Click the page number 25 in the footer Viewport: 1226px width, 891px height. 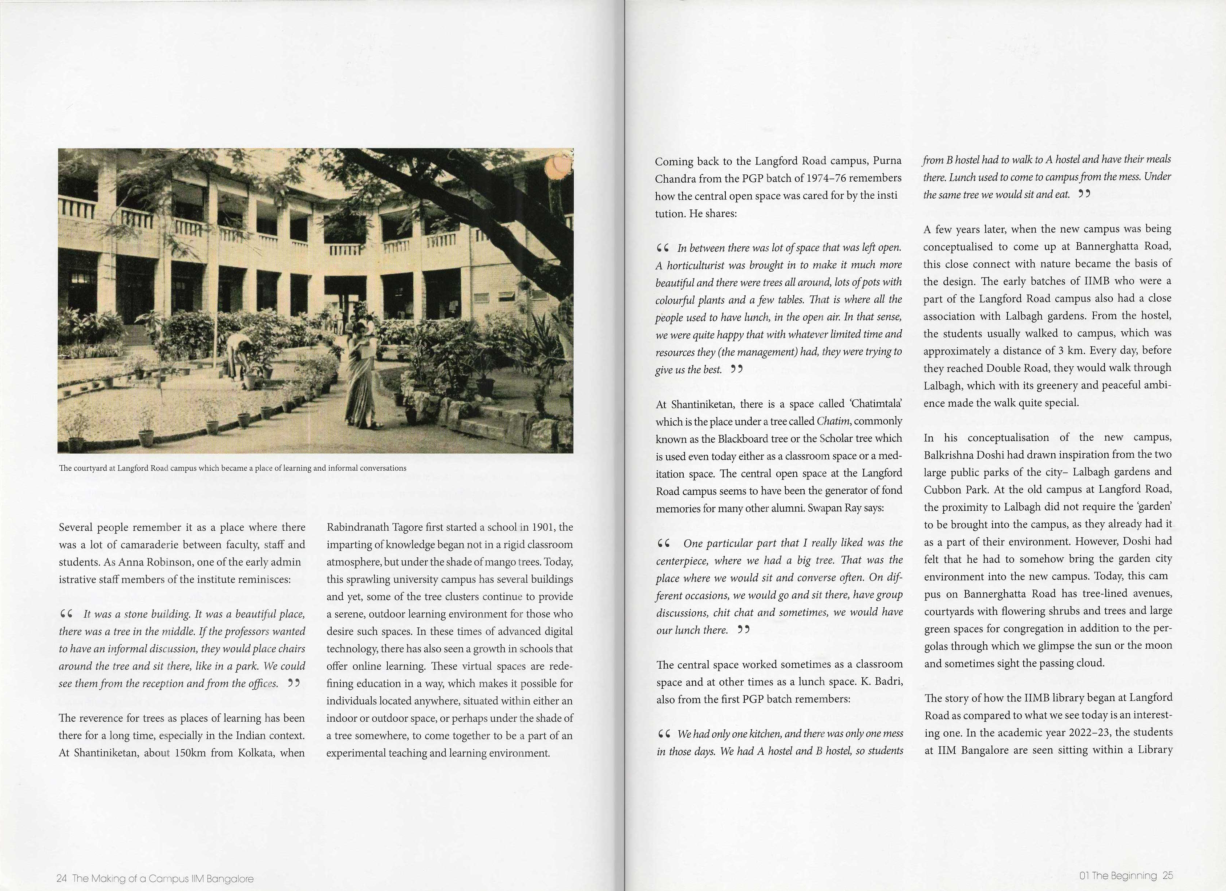[x=1168, y=875]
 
